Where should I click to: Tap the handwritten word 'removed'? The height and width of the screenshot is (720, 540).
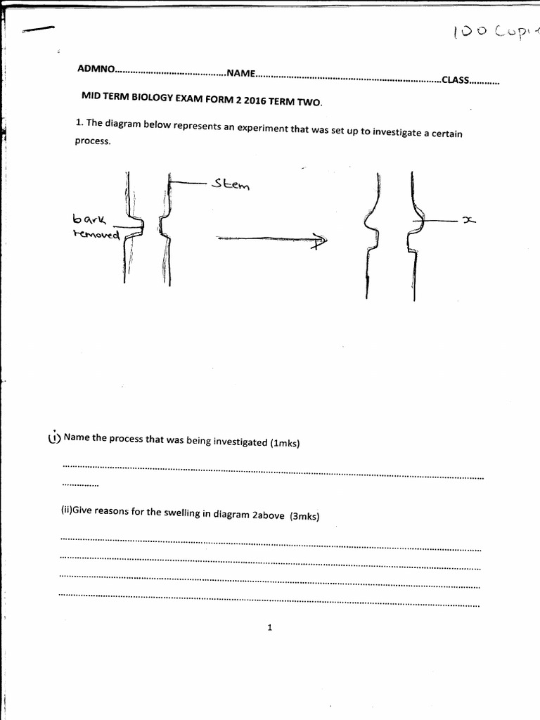click(96, 234)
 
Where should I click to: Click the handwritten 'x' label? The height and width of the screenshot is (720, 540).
click(468, 221)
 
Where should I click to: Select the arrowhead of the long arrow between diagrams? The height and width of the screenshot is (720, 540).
click(321, 242)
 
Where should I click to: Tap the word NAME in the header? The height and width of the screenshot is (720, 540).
click(240, 73)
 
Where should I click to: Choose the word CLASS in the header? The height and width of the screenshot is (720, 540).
click(454, 80)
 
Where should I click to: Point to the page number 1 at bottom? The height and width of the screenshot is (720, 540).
click(269, 628)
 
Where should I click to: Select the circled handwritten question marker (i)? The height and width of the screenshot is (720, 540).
click(54, 437)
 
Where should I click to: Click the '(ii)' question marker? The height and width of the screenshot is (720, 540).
click(66, 510)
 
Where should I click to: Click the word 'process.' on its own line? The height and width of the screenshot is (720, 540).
click(93, 141)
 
